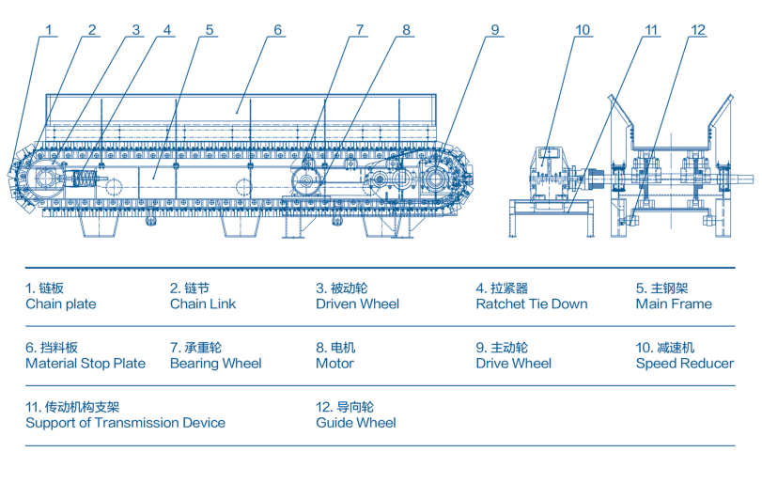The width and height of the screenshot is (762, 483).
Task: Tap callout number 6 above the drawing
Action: [278, 29]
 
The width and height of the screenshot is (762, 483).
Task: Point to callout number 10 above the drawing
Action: [583, 29]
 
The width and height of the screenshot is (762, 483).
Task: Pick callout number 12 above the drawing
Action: [696, 29]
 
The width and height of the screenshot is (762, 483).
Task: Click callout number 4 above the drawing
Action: [167, 29]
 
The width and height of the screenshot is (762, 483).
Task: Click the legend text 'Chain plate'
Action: [60, 304]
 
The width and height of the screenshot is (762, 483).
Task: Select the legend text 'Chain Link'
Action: [203, 304]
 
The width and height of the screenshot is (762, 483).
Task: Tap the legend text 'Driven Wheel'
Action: [357, 304]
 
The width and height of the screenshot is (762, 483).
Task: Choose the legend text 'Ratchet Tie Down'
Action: [531, 304]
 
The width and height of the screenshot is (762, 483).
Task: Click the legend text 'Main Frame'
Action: [674, 304]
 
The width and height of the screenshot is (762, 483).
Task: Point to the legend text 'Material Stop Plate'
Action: [86, 364]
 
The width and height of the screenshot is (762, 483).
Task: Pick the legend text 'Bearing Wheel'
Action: [215, 364]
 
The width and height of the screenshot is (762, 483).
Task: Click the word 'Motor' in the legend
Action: [334, 364]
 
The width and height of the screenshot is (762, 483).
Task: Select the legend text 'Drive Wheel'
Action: [513, 364]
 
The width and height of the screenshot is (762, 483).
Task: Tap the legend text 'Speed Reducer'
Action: [684, 364]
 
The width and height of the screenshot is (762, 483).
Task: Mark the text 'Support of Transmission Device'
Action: [125, 423]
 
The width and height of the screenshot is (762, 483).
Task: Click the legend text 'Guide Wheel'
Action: [356, 423]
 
